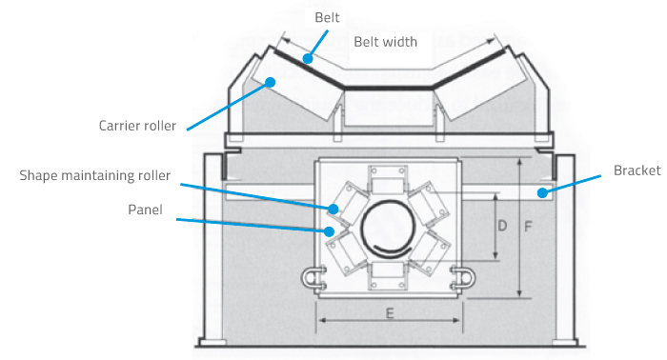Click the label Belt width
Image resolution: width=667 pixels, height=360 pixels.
(385, 42)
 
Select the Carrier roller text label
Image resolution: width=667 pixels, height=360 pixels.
(137, 126)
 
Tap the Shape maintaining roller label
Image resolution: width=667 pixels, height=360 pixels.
(95, 175)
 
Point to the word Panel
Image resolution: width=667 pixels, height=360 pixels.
(145, 210)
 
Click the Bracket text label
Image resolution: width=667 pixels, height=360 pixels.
(637, 170)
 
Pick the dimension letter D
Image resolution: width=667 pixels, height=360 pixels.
(502, 226)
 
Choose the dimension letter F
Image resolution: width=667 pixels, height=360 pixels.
(528, 227)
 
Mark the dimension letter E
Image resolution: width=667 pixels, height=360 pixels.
(390, 313)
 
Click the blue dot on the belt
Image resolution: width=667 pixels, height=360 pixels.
(308, 58)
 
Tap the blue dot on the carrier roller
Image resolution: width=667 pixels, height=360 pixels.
(270, 82)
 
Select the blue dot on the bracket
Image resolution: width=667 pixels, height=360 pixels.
(542, 193)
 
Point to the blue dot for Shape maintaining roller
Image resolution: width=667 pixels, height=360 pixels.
(333, 209)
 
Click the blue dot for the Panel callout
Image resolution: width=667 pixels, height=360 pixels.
(329, 231)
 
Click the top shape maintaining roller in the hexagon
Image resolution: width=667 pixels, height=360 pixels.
(387, 179)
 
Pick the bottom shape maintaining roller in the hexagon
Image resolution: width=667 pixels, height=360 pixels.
(387, 275)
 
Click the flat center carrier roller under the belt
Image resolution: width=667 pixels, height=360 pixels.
(389, 108)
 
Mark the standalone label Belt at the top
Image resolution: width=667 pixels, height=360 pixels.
(327, 17)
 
